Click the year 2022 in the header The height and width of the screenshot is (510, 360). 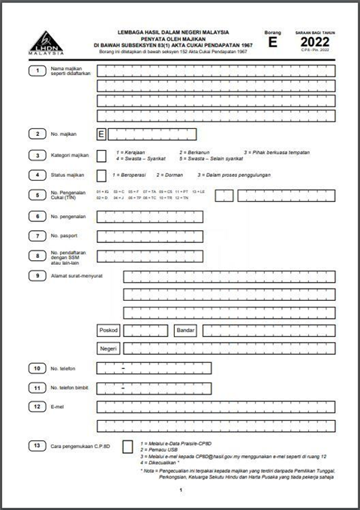tap(314, 42)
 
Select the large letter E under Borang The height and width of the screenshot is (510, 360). tap(272, 43)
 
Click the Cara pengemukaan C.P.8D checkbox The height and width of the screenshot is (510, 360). tap(127, 448)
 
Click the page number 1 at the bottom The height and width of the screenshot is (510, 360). tap(181, 490)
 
